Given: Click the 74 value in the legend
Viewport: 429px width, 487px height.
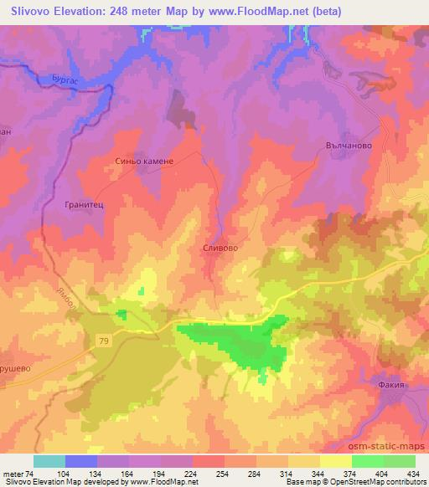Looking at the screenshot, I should click(x=32, y=473).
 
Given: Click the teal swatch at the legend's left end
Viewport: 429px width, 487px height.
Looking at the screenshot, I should click(x=49, y=461).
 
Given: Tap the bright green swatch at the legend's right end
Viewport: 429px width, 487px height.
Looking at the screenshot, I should click(x=399, y=461).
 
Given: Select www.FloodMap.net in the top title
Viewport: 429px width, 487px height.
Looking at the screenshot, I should click(x=262, y=10).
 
